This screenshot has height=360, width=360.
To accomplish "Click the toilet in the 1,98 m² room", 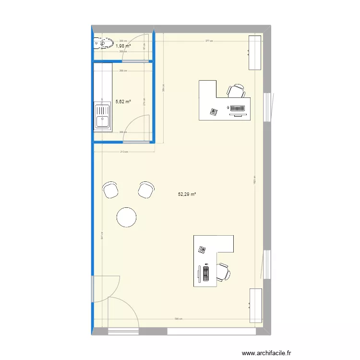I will tap(103, 44).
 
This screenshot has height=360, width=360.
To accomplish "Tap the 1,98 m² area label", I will tap(123, 46).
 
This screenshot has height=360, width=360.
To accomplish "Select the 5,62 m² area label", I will tap(123, 102).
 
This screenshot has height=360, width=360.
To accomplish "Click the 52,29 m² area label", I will tap(187, 194).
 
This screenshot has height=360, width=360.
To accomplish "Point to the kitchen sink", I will tap(102, 117).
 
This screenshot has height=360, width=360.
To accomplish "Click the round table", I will tap(127, 216).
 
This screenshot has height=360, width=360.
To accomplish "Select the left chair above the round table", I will tap(111, 190).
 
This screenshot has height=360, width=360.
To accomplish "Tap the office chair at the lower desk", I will tap(223, 272).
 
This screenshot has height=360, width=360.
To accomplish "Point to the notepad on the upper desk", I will tap(213, 112).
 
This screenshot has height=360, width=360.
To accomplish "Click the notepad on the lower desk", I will tap(202, 250).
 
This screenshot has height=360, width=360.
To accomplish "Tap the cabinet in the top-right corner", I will tap(255, 52).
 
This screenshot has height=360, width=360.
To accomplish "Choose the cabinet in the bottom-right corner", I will tap(255, 305).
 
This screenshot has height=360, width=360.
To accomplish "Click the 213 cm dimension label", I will tap(124, 152).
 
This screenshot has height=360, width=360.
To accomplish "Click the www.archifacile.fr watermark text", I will tap(266, 353).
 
